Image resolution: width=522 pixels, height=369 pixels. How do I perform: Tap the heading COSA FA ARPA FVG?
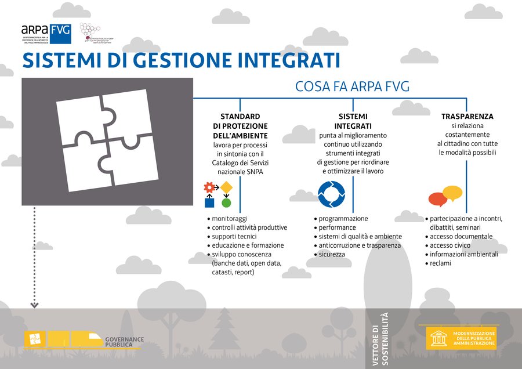pos(352,87)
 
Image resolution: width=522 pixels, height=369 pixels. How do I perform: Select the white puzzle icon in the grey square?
pos(107,141)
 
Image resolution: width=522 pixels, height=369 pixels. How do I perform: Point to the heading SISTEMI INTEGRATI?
pos(353,121)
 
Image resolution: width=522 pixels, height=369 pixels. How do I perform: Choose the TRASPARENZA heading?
pos(467,117)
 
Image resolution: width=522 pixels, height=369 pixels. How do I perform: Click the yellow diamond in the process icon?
pos(226,187)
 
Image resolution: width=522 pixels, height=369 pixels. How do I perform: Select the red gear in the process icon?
pos(209,187)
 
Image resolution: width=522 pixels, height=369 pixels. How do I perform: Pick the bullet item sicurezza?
pos(332,254)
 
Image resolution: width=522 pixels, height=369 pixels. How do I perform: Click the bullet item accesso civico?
pos(449,245)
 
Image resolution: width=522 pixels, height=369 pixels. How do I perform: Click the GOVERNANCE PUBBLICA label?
pos(124,342)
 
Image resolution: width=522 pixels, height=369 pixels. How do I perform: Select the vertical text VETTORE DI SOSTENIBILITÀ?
pos(381,339)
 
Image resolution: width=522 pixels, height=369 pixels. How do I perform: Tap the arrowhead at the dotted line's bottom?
pos(35,305)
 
